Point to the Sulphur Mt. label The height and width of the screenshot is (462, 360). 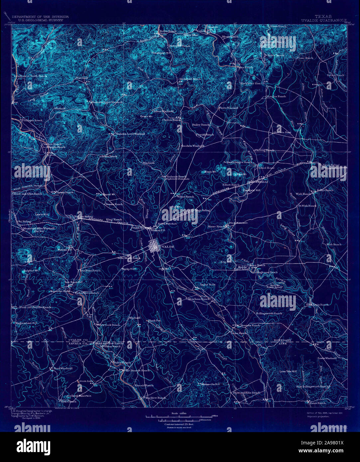31,271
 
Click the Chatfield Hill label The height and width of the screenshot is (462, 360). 252,190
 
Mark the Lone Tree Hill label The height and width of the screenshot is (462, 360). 288,371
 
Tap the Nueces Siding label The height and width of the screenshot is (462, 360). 83,216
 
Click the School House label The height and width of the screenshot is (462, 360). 266,168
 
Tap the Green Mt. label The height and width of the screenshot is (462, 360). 146,116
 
